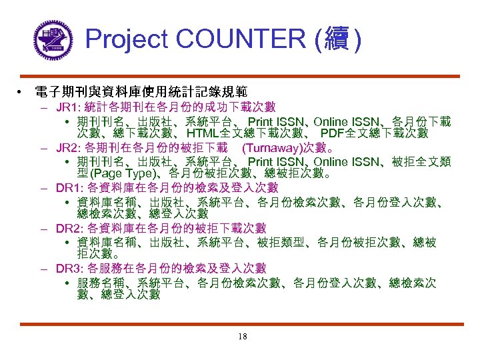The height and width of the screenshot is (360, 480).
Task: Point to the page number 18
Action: [x=242, y=337]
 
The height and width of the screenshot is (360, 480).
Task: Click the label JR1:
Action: [x=69, y=107]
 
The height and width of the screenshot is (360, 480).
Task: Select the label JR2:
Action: [x=69, y=148]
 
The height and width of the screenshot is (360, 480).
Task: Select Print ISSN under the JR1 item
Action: [x=275, y=121]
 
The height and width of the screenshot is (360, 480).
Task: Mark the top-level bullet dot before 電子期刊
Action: [x=23, y=91]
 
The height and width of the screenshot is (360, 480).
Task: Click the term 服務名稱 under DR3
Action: [x=100, y=283]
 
